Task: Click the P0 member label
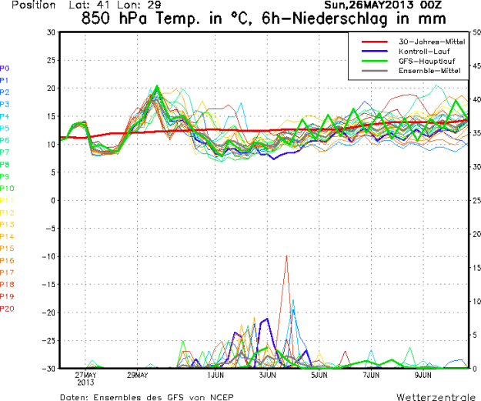click(x=5, y=68)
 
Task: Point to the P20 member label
click(x=7, y=309)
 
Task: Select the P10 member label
click(x=7, y=189)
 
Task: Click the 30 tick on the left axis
click(x=50, y=32)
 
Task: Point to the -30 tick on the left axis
click(x=48, y=368)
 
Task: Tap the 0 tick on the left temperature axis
click(x=52, y=200)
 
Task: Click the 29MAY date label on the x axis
click(x=139, y=375)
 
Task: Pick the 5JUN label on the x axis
click(x=319, y=375)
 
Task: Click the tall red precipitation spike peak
click(x=286, y=256)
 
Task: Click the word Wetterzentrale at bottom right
click(x=436, y=396)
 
